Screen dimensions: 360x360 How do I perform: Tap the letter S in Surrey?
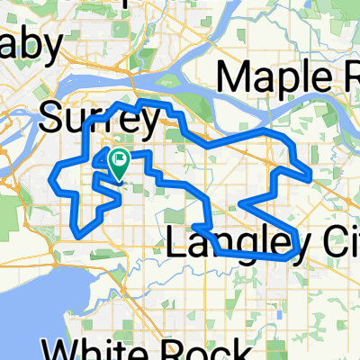point(52,117)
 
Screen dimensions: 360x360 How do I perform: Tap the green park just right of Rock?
point(270,347)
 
